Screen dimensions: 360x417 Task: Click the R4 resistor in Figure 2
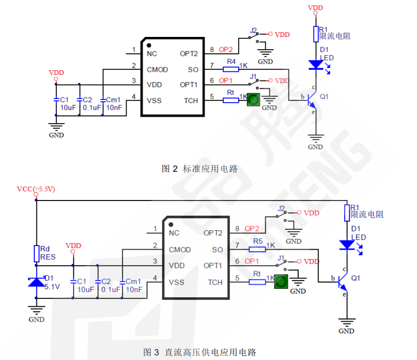point(232,69)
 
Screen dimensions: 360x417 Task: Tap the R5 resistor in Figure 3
point(257,249)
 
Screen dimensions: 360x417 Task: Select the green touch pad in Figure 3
point(280,281)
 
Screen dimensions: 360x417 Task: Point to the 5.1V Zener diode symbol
point(36,282)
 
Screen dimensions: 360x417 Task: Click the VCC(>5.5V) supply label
point(36,189)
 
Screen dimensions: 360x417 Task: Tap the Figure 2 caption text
point(199,168)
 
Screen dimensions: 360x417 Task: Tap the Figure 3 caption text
point(199,352)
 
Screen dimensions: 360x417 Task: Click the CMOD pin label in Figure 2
point(157,69)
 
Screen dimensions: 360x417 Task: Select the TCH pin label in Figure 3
point(215,282)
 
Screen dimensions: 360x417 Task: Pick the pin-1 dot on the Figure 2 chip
point(149,46)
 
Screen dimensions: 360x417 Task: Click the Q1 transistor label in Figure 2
point(324,96)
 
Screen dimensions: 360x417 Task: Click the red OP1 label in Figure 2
point(225,81)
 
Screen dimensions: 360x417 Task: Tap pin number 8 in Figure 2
point(212,50)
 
